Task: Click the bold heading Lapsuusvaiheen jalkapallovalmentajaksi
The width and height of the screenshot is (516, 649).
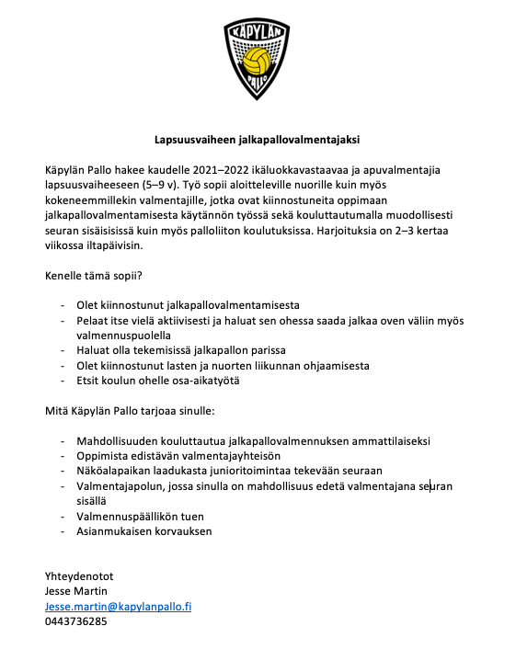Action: pos(257,141)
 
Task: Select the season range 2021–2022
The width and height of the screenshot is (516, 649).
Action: pos(222,171)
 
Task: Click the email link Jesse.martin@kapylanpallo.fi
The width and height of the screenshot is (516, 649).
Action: pos(118,607)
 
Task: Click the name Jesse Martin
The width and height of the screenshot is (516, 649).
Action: pos(75,593)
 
